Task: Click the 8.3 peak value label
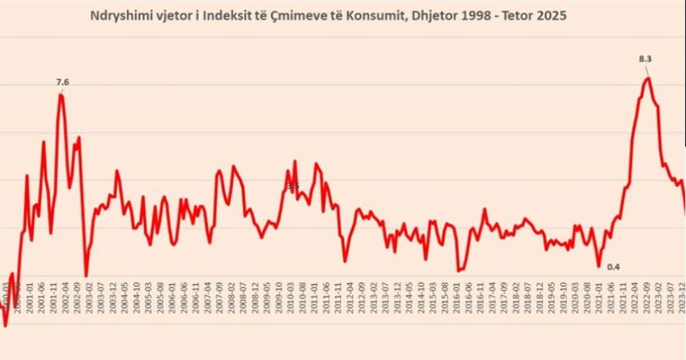coord(645,58)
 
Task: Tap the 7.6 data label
coord(62,82)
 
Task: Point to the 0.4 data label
coord(613,267)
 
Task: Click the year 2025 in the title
coord(553,16)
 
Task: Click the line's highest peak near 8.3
coord(648,78)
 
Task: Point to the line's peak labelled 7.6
coord(61,94)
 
